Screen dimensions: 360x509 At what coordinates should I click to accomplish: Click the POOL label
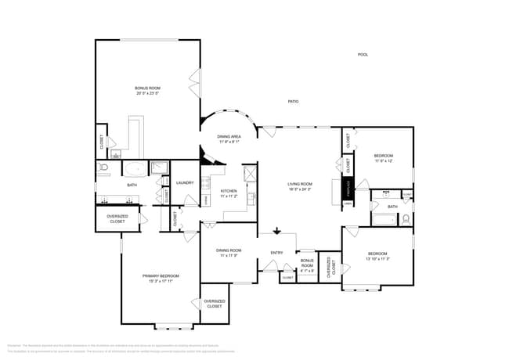tap(363, 55)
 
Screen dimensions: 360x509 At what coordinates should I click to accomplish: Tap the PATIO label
tap(293, 102)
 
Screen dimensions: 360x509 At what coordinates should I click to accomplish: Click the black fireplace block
tap(347, 189)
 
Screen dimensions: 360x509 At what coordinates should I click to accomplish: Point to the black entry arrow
tap(276, 231)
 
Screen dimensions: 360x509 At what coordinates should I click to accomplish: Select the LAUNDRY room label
tap(185, 183)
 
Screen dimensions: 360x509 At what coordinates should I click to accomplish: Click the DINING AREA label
tap(229, 136)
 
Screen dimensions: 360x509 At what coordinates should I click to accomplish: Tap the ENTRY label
tap(276, 253)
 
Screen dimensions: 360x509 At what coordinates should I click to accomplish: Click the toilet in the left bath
tap(104, 167)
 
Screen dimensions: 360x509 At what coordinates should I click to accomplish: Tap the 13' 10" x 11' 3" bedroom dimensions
tap(378, 259)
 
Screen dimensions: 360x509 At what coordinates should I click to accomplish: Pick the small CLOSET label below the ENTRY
tap(287, 277)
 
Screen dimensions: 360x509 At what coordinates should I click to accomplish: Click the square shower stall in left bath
tap(159, 167)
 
